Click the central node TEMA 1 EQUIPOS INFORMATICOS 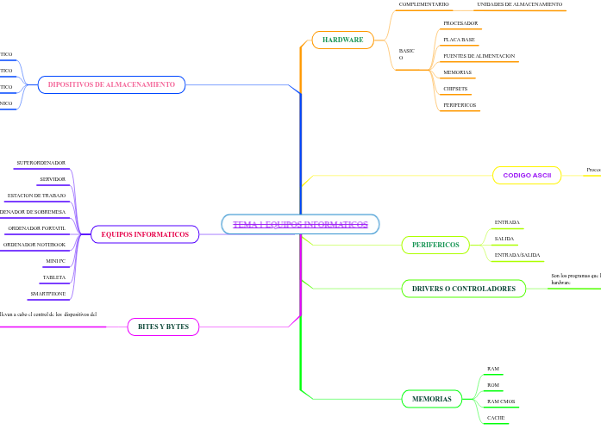point(300,225)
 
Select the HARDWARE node point(342,40)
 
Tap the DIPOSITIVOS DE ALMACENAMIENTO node point(111,84)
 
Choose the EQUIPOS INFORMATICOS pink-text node point(145,234)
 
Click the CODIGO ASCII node point(527,175)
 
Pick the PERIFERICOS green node point(435,245)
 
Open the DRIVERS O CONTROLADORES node point(464,289)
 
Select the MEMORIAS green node point(432,399)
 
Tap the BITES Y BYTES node point(163,327)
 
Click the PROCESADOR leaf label point(460,23)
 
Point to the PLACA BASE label point(459,40)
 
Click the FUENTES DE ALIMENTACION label point(479,56)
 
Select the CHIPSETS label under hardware point(455,89)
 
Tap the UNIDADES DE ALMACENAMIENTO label point(519,4)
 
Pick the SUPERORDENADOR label point(41,163)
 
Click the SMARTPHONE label point(47,294)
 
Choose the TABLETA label point(54,277)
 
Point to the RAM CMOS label point(501,401)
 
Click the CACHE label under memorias point(496,418)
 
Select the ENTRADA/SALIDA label point(517,255)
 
